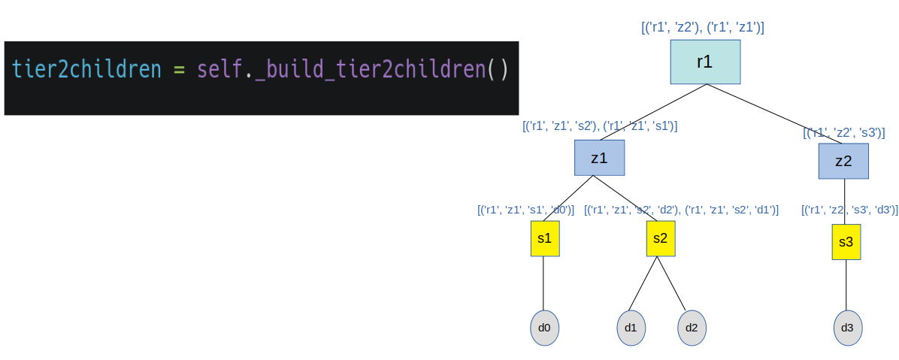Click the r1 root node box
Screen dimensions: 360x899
coord(705,62)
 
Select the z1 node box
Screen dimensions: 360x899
coord(599,158)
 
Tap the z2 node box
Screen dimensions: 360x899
coord(843,161)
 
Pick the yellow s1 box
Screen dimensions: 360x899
coord(544,238)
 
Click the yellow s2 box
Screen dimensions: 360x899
coord(660,238)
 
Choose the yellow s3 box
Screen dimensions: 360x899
coord(846,242)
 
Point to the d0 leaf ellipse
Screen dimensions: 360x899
coord(544,328)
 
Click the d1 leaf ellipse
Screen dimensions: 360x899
coord(631,328)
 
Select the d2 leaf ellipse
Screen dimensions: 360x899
coord(692,328)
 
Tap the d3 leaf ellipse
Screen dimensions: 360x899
coord(847,328)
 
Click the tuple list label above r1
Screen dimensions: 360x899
coord(703,28)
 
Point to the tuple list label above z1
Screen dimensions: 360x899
coord(600,126)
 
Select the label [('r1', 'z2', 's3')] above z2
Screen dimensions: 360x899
coord(843,133)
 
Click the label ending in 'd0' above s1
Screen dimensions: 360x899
coord(525,210)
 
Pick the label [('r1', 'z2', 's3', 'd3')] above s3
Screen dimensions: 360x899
coord(850,210)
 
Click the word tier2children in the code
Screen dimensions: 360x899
coord(86,70)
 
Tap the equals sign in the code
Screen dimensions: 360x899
coord(179,70)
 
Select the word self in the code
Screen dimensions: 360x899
coord(219,70)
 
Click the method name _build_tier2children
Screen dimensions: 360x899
coord(370,70)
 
